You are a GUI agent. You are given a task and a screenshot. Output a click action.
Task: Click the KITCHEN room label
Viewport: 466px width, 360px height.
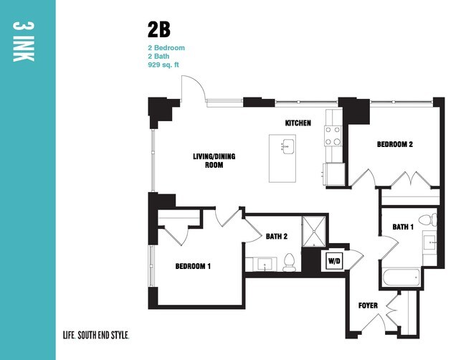(x=298, y=123)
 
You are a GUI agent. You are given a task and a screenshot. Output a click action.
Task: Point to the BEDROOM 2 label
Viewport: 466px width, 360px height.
(x=395, y=144)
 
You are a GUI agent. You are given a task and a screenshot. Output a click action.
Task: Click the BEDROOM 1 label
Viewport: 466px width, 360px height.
(x=193, y=266)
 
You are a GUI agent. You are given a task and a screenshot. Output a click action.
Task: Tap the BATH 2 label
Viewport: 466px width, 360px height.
(x=276, y=235)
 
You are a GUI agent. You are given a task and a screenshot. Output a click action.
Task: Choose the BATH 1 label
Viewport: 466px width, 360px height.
(x=403, y=227)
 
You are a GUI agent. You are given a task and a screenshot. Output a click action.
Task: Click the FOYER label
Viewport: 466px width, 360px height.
(x=368, y=306)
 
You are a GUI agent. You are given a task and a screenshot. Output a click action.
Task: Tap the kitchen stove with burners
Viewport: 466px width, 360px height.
(x=333, y=136)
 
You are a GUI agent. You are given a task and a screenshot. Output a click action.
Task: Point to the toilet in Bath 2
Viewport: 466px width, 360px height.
(x=290, y=263)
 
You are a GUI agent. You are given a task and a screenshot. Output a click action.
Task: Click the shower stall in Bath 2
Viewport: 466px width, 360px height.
(x=313, y=231)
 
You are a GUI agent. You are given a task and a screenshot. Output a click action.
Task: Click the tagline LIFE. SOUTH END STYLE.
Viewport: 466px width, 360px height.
(x=96, y=334)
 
